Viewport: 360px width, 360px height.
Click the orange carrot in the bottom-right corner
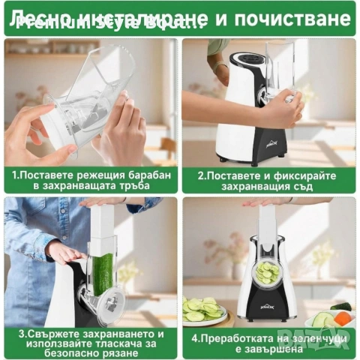click(350, 316)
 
